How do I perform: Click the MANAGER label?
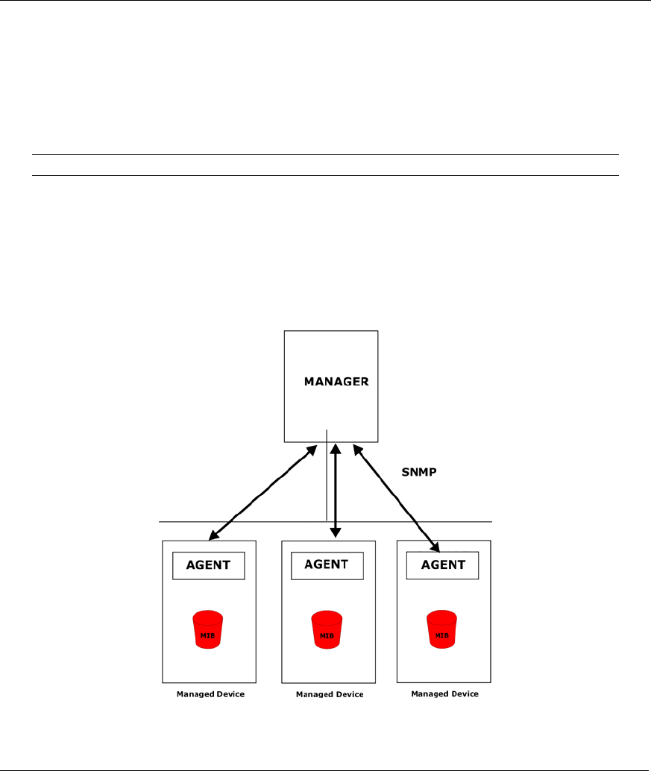336,381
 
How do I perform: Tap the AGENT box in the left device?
208,565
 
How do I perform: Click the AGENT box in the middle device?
327,564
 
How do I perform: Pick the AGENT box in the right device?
443,564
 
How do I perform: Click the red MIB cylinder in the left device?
208,630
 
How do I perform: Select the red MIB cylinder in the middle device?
327,631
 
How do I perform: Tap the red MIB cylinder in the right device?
441,629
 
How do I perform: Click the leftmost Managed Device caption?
210,694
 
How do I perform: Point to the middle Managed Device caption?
330,694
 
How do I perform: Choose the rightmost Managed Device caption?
444,693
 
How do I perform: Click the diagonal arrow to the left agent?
261,492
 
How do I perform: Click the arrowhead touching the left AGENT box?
213,535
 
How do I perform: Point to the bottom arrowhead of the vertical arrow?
336,532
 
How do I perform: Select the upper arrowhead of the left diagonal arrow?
312,448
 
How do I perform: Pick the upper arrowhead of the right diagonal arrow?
357,450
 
